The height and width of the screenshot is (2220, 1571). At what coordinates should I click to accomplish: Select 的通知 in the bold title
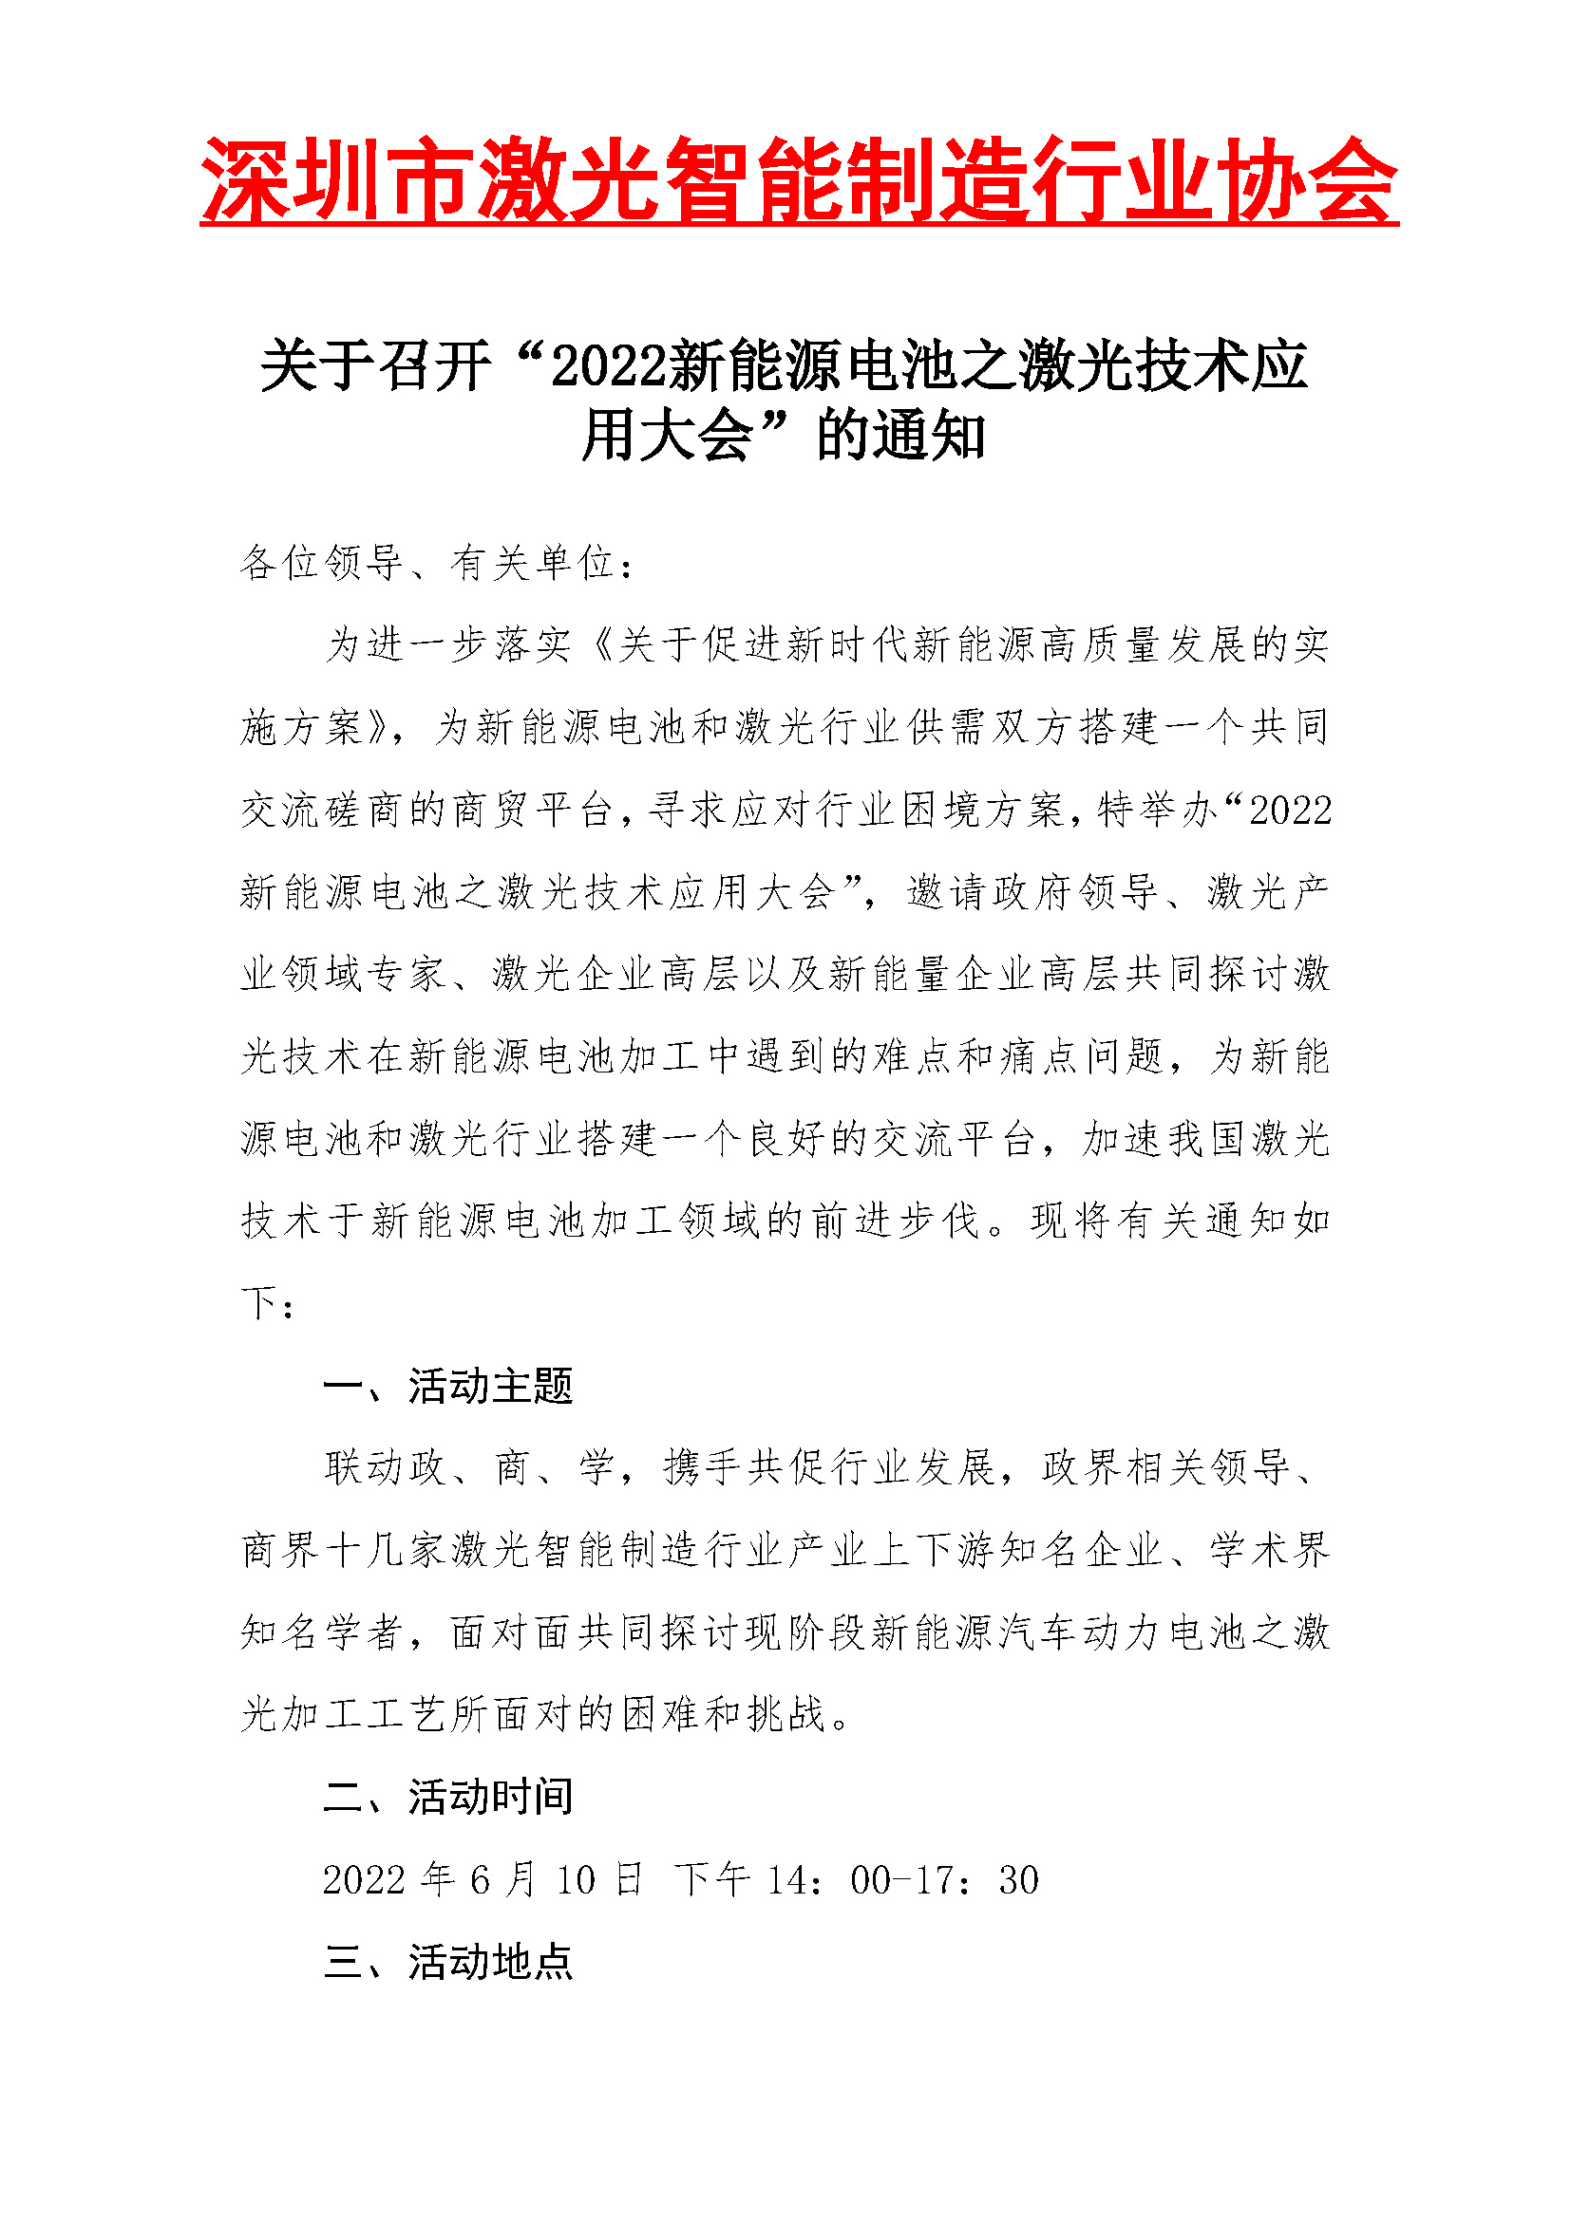pos(900,436)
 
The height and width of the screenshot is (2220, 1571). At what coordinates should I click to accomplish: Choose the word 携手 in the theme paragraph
pos(702,1467)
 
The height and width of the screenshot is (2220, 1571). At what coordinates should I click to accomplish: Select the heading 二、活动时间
pos(448,1798)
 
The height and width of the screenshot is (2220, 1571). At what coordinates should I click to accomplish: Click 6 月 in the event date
pos(502,1879)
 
